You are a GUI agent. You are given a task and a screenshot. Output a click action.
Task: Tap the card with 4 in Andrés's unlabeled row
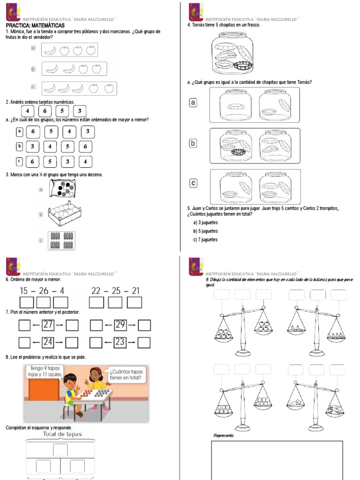click(x=28, y=111)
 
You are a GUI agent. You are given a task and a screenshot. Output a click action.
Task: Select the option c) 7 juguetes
click(x=205, y=240)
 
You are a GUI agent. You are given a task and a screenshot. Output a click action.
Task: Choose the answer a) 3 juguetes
click(x=205, y=222)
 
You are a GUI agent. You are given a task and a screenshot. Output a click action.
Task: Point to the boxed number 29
click(x=120, y=325)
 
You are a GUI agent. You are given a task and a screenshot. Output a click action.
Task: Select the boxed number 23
click(x=120, y=342)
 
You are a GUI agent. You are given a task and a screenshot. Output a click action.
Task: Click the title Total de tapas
click(x=62, y=434)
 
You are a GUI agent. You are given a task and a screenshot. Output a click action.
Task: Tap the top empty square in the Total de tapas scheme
click(x=60, y=450)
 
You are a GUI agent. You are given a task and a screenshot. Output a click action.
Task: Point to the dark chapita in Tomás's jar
click(x=243, y=66)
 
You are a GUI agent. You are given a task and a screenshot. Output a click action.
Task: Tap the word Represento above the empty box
click(x=223, y=435)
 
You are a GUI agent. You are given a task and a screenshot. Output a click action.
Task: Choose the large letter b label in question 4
click(x=193, y=143)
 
